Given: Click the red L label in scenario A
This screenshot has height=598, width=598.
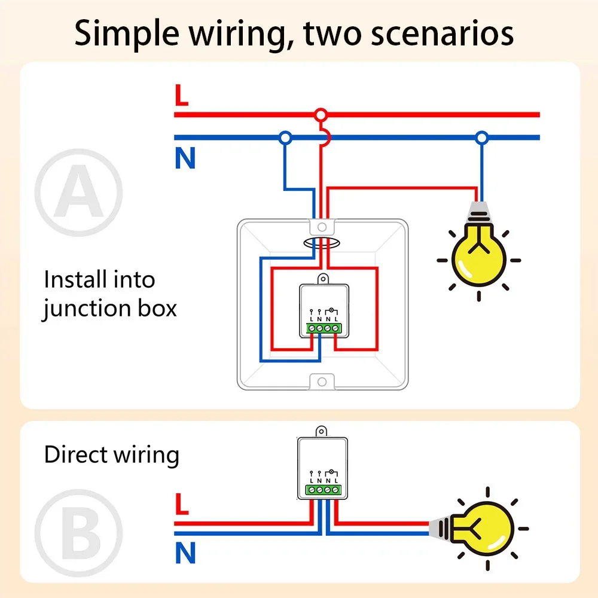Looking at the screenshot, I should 181,96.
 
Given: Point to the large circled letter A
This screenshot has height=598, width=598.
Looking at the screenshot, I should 78,193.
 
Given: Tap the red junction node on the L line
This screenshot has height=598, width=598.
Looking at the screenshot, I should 321,114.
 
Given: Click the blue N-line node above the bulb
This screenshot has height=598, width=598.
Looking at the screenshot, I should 482,138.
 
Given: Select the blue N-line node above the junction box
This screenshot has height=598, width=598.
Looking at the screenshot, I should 285,138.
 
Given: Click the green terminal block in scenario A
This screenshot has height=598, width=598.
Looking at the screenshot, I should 323,328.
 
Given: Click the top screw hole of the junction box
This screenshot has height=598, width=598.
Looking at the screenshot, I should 322,227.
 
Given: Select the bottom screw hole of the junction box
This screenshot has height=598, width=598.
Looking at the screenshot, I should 322,381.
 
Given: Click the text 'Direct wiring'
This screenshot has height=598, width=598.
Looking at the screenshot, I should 111,455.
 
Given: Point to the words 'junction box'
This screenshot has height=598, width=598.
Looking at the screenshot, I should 109,309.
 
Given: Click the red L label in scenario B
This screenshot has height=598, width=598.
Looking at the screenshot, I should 182,504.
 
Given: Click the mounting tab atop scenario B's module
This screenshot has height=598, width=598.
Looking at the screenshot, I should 322,431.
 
